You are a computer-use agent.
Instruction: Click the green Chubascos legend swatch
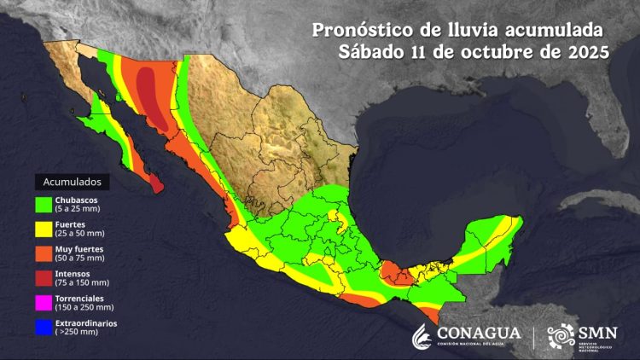(44, 205)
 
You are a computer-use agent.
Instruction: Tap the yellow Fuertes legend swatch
(44, 229)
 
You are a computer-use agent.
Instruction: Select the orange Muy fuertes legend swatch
(44, 253)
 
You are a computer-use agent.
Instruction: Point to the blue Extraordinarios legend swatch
(44, 325)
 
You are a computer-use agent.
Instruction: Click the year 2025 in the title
(586, 51)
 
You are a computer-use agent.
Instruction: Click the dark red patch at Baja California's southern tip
(154, 183)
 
